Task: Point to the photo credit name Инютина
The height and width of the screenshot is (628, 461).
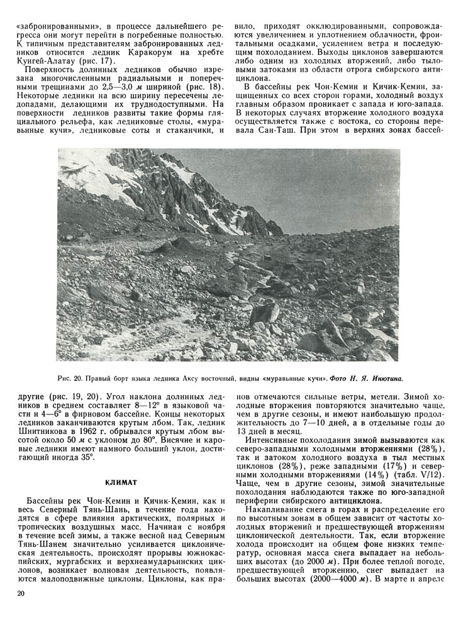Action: [384, 379]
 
